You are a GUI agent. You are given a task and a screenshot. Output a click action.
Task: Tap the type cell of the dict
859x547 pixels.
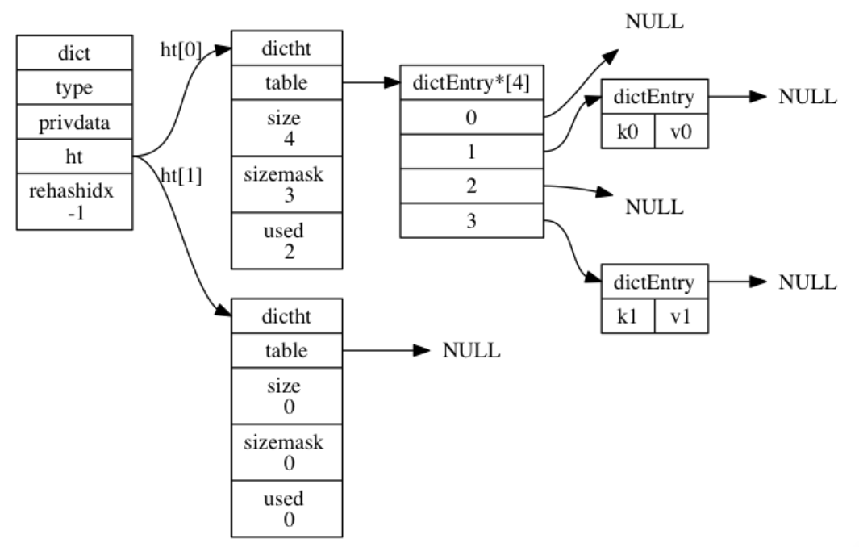[x=74, y=88]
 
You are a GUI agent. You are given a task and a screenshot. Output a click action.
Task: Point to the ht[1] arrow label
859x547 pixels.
[x=181, y=177]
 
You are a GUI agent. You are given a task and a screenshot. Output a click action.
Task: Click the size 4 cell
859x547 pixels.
[x=287, y=128]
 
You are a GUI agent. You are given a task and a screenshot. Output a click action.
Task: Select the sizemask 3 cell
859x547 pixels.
[x=287, y=185]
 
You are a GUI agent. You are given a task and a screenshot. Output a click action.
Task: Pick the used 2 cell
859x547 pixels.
[x=287, y=240]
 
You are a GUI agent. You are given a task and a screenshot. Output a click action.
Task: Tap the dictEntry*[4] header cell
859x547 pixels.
[x=472, y=82]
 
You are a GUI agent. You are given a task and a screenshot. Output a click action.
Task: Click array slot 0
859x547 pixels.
[x=472, y=117]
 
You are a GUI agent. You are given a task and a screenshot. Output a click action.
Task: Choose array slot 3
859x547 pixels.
[x=472, y=220]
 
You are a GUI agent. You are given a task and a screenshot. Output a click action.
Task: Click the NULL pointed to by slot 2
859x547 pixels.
[x=655, y=207]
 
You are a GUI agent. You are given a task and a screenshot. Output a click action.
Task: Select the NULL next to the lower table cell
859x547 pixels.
[x=472, y=351]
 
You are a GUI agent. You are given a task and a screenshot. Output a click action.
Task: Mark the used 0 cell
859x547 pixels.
[x=287, y=508]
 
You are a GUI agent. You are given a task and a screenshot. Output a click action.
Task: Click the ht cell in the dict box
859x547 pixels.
[x=74, y=157]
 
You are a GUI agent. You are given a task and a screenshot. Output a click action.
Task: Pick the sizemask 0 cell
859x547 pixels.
[x=287, y=453]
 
